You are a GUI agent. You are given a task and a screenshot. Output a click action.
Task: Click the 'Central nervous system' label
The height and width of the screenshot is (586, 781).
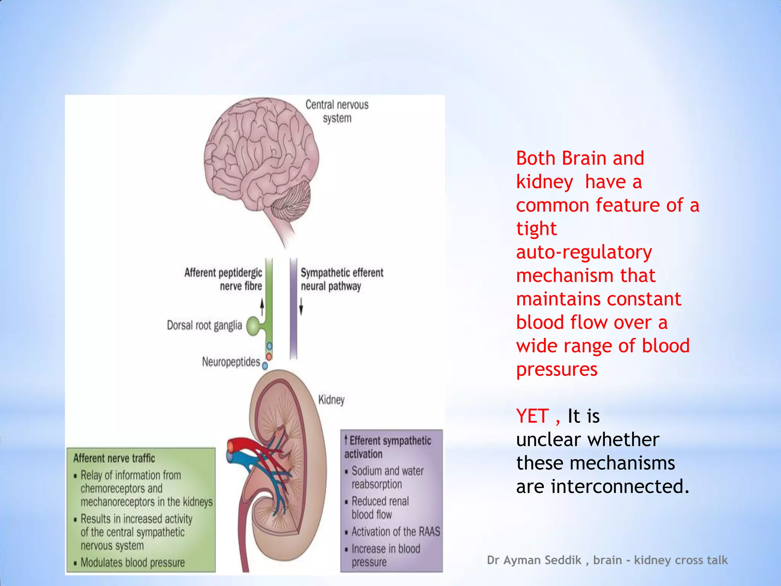[x=337, y=111]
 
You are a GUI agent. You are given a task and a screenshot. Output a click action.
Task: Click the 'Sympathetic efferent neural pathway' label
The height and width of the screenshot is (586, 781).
[x=341, y=279]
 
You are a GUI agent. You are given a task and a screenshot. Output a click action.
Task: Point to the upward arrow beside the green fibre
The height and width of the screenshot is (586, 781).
[x=262, y=307]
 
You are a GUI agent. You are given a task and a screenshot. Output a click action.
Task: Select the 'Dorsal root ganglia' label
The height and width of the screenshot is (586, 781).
[x=204, y=325]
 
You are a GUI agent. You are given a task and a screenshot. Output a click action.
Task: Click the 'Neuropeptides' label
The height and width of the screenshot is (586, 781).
[x=231, y=362]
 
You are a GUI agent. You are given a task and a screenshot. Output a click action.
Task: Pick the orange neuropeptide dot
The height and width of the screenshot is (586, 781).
[x=269, y=356]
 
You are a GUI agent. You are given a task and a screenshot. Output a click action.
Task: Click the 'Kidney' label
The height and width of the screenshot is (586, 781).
[x=331, y=400]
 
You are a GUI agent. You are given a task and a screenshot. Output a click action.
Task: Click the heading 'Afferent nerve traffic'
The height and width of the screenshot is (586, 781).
[x=114, y=458]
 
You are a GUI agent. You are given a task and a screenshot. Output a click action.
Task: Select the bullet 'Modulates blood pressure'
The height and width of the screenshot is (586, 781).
[x=132, y=562]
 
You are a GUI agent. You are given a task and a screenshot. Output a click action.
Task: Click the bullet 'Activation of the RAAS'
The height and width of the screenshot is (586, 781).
[x=395, y=531]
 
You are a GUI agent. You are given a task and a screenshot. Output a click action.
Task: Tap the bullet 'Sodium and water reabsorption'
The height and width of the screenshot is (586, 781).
[x=387, y=477]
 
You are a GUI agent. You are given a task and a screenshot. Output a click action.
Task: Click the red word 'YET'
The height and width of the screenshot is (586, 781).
[x=533, y=416]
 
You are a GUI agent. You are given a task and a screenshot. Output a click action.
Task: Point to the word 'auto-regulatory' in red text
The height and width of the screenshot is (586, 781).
[x=584, y=252]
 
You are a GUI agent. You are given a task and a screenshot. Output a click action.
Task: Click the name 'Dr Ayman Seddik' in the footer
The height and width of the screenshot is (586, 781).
[x=534, y=560]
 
